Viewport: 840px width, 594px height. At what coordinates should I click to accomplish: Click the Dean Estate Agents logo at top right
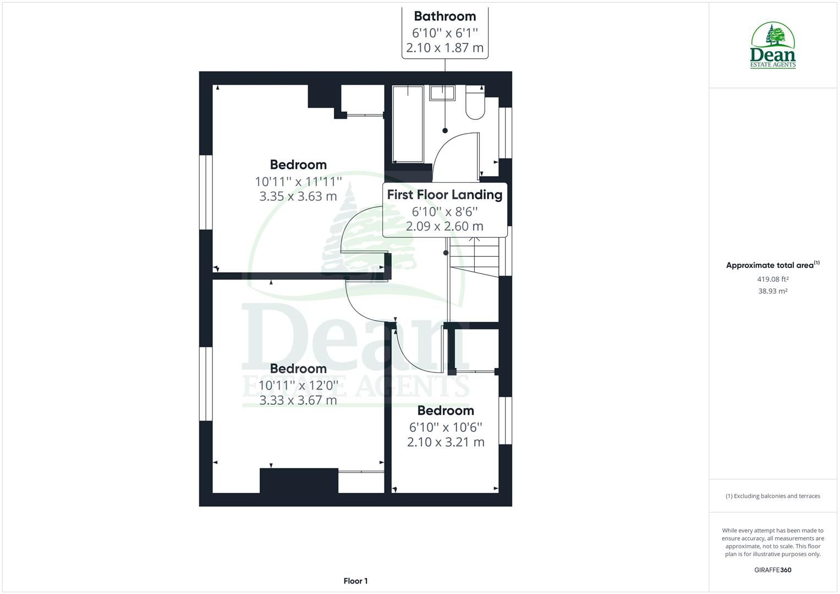tap(773, 46)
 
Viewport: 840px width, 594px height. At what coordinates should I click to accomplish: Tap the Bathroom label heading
tap(444, 16)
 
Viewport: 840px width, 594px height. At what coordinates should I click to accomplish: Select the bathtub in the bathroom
tap(408, 124)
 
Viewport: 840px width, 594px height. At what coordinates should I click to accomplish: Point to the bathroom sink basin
tap(442, 93)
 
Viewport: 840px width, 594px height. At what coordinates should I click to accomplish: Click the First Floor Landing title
tap(444, 195)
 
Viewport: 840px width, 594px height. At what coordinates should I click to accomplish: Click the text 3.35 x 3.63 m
tap(298, 196)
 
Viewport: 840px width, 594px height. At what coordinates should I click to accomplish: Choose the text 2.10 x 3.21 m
tap(446, 442)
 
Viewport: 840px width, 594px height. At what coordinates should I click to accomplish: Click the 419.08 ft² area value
tap(772, 279)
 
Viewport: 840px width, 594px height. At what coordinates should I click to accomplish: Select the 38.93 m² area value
tap(772, 291)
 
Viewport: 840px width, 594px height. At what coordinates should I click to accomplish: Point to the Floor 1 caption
tap(355, 581)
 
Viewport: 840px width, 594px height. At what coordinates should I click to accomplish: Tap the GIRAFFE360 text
tap(772, 570)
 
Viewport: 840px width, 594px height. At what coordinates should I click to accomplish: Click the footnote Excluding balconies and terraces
tap(772, 496)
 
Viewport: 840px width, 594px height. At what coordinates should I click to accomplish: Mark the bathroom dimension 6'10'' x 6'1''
tap(444, 32)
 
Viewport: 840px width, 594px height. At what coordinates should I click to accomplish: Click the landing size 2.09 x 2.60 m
tap(444, 226)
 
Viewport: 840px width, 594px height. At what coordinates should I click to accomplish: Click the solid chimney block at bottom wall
tap(299, 481)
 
